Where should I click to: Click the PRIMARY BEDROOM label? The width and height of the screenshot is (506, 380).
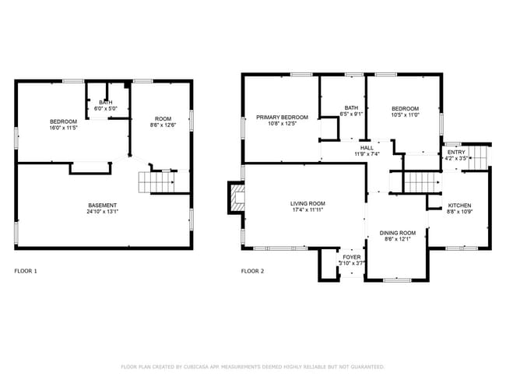[x=283, y=118]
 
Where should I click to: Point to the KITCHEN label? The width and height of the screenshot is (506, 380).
[x=459, y=206]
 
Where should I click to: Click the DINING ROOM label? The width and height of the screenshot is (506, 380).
[x=398, y=233]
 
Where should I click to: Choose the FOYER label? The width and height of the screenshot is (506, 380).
[x=352, y=256]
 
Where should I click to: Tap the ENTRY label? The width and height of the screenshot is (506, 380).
[x=456, y=152]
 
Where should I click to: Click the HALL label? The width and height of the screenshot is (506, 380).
[x=367, y=147]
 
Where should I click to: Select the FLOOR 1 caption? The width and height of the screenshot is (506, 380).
[x=26, y=271]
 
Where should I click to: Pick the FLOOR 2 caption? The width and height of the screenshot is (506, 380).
[x=252, y=271]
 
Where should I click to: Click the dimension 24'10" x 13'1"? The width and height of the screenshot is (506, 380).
[x=103, y=211]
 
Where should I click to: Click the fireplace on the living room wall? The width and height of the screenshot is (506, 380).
[x=234, y=198]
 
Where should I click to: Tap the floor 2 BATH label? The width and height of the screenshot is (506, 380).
[x=352, y=108]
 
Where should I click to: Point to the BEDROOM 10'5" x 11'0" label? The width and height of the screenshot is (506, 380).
[x=405, y=108]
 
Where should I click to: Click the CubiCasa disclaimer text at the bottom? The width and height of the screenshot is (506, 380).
[x=252, y=366]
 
